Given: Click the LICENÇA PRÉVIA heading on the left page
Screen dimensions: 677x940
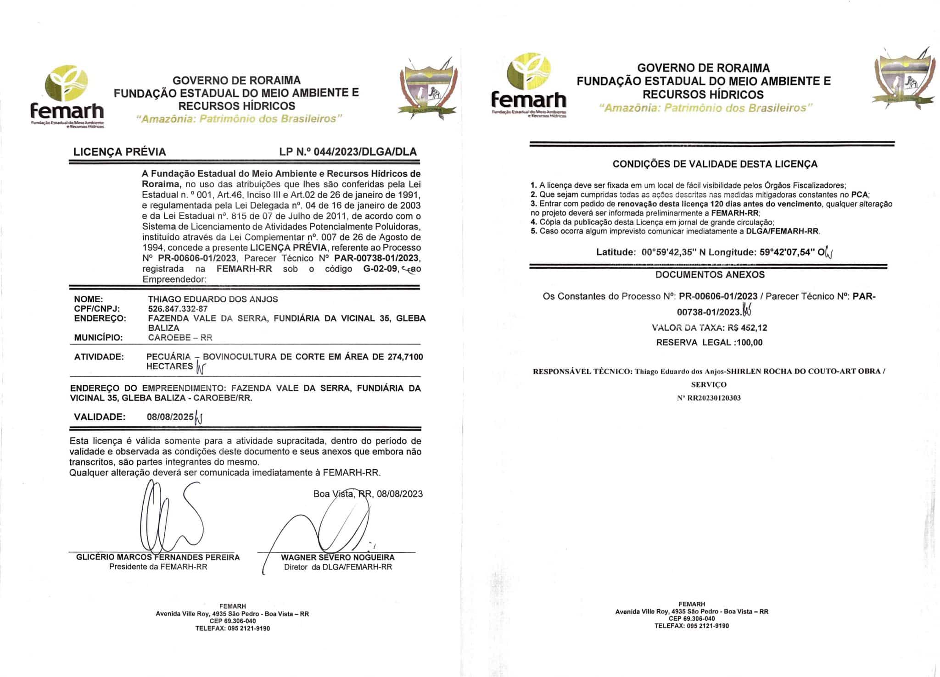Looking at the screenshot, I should click(x=120, y=152).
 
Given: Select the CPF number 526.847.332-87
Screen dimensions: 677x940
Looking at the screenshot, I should click(x=178, y=309).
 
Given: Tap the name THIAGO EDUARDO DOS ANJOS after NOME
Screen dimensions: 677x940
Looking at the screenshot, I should click(x=213, y=299).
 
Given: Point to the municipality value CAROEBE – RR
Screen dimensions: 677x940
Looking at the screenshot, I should click(x=180, y=338).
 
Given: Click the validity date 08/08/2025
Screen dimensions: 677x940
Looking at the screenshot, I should click(x=170, y=417).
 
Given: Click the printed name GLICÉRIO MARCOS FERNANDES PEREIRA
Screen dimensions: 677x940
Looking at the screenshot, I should click(x=158, y=557).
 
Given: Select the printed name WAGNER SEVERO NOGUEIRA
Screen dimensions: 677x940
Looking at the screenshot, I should click(x=338, y=557).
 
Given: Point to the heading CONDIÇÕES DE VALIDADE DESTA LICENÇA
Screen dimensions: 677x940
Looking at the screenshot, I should click(x=715, y=164).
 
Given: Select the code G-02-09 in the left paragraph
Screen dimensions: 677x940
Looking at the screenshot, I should click(x=380, y=269).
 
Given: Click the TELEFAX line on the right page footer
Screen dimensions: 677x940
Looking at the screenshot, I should click(x=691, y=626).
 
